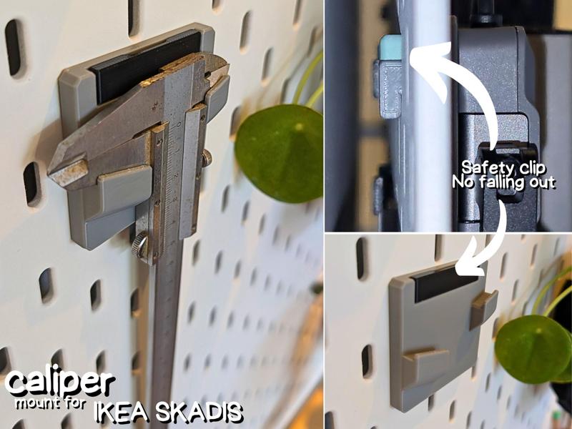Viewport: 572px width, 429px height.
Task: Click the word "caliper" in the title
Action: (x=59, y=383)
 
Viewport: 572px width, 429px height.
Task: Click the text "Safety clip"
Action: (x=503, y=168)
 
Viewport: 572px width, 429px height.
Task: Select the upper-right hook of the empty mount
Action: (x=484, y=308)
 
